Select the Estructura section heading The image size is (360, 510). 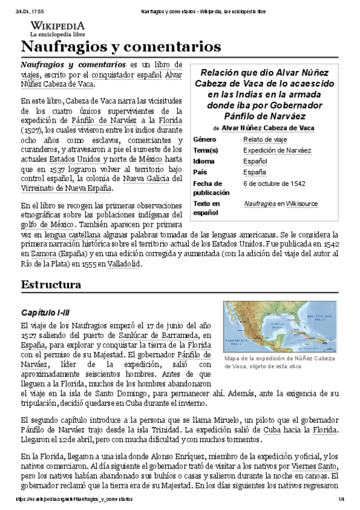click(51, 284)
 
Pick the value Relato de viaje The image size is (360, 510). click(265, 140)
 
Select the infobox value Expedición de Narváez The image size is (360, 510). click(277, 150)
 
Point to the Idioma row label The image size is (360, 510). click(204, 161)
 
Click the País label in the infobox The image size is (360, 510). click(200, 172)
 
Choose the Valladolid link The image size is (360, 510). click(124, 264)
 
